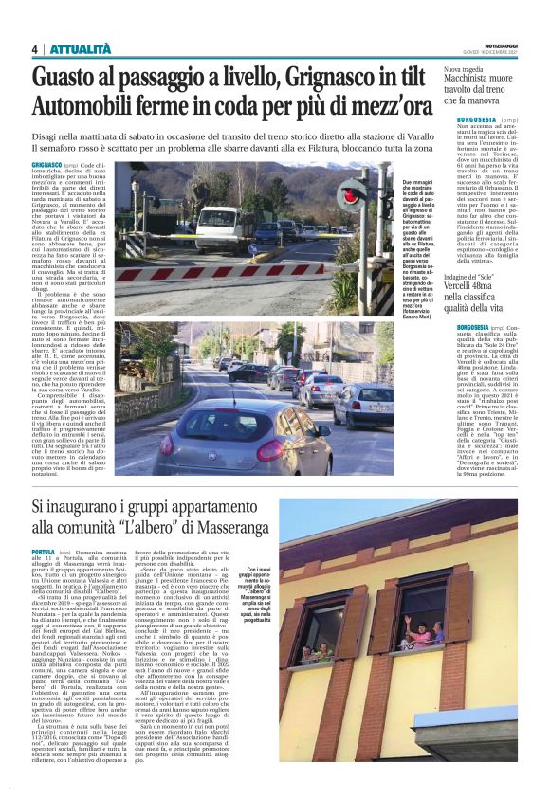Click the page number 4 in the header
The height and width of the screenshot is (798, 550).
[x=34, y=49]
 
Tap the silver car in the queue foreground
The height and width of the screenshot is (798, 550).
[x=244, y=436]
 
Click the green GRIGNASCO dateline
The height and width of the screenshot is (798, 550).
[x=49, y=165]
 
